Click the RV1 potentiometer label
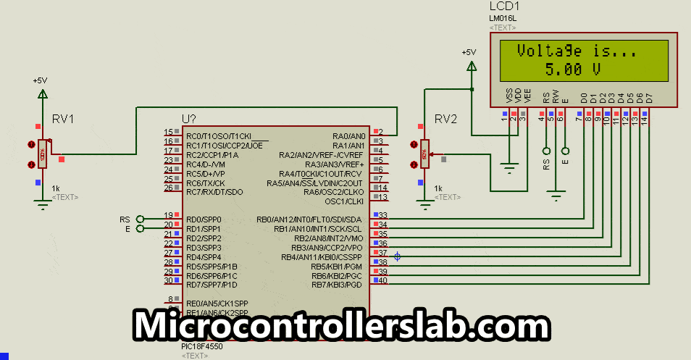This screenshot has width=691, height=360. pyautogui.click(x=63, y=119)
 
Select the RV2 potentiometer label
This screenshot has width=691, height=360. pyautogui.click(x=446, y=119)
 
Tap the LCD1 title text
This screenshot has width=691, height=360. pyautogui.click(x=505, y=6)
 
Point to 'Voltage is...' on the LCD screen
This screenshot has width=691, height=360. pyautogui.click(x=577, y=52)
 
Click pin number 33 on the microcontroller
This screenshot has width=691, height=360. pyautogui.click(x=382, y=215)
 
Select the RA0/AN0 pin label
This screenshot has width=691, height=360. pyautogui.click(x=349, y=136)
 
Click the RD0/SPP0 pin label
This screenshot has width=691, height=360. pyautogui.click(x=204, y=219)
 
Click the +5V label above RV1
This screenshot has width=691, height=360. pyautogui.click(x=41, y=80)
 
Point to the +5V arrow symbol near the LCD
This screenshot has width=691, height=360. pyautogui.click(x=472, y=67)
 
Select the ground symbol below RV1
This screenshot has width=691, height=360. pyautogui.click(x=43, y=205)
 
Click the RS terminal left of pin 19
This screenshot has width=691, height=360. pyautogui.click(x=139, y=219)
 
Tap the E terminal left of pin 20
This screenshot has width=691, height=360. pyautogui.click(x=139, y=229)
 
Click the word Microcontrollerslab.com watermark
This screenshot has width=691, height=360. pyautogui.click(x=340, y=325)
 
